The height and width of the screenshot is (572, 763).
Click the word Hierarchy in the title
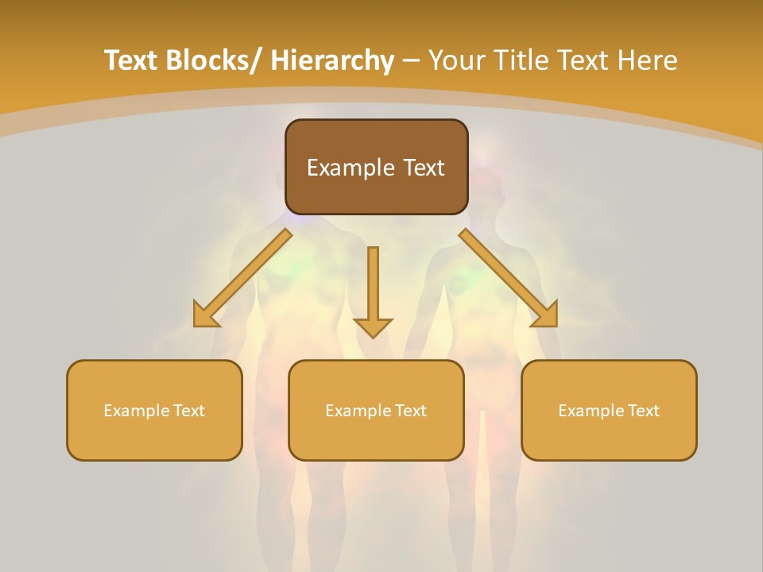(x=331, y=60)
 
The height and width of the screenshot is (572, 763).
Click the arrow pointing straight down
(x=373, y=286)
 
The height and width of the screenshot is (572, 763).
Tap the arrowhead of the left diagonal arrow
(x=205, y=316)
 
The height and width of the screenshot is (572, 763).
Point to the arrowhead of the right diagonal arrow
(x=545, y=315)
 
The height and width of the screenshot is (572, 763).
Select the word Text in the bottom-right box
(x=642, y=411)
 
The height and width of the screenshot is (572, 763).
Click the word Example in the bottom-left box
(x=136, y=411)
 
